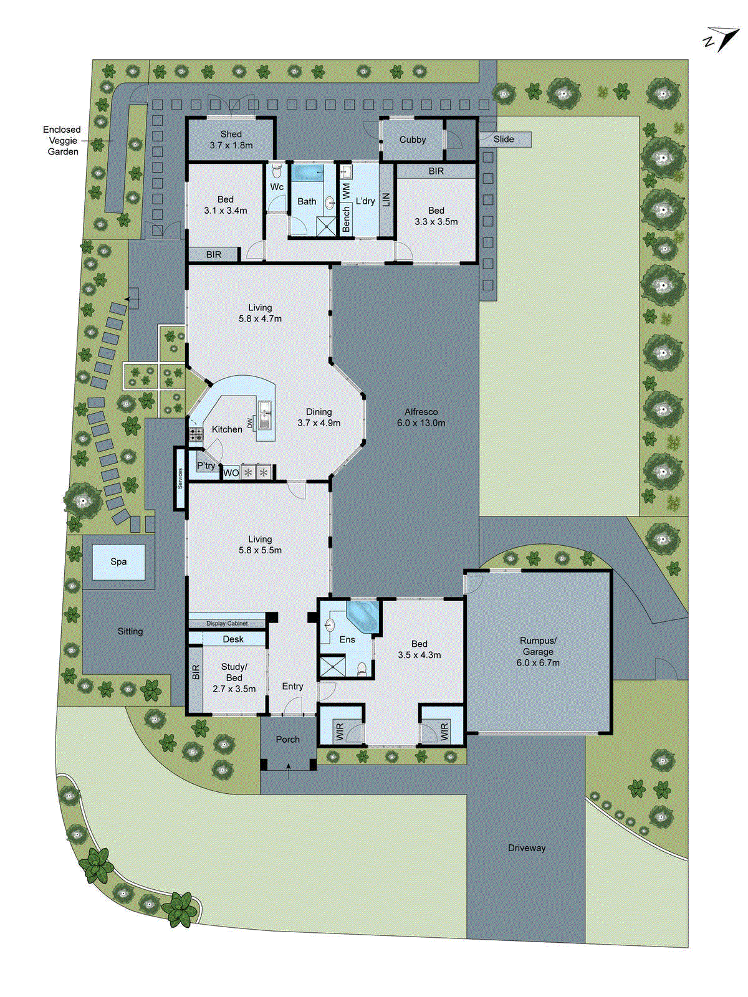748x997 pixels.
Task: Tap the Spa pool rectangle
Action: [x=118, y=561]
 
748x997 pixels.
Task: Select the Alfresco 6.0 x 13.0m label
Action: [x=421, y=417]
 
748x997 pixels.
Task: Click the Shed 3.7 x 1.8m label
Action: [x=231, y=140]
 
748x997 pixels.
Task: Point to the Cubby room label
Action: [x=412, y=140]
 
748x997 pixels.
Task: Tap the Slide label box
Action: [x=504, y=139]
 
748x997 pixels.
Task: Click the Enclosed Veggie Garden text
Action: [x=62, y=140]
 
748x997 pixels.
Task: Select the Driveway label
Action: [x=526, y=848]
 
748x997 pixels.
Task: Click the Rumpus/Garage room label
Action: [x=538, y=652]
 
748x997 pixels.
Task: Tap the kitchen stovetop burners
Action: [x=196, y=434]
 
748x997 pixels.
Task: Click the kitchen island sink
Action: [x=264, y=414]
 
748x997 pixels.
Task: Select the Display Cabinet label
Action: [x=227, y=623]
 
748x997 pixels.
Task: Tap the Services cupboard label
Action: [x=180, y=479]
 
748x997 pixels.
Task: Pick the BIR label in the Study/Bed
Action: [x=196, y=672]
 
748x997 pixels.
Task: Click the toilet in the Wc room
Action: [x=277, y=171]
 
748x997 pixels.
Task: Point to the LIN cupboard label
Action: [x=386, y=200]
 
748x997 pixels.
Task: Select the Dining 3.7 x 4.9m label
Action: [x=319, y=417]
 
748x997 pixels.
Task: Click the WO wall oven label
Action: [x=231, y=473]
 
